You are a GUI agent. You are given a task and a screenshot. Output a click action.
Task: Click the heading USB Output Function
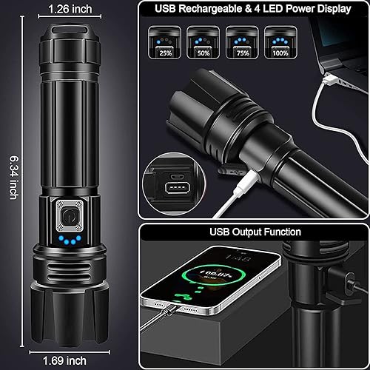[254, 232]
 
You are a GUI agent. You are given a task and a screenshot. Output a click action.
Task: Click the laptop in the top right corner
[340, 55]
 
